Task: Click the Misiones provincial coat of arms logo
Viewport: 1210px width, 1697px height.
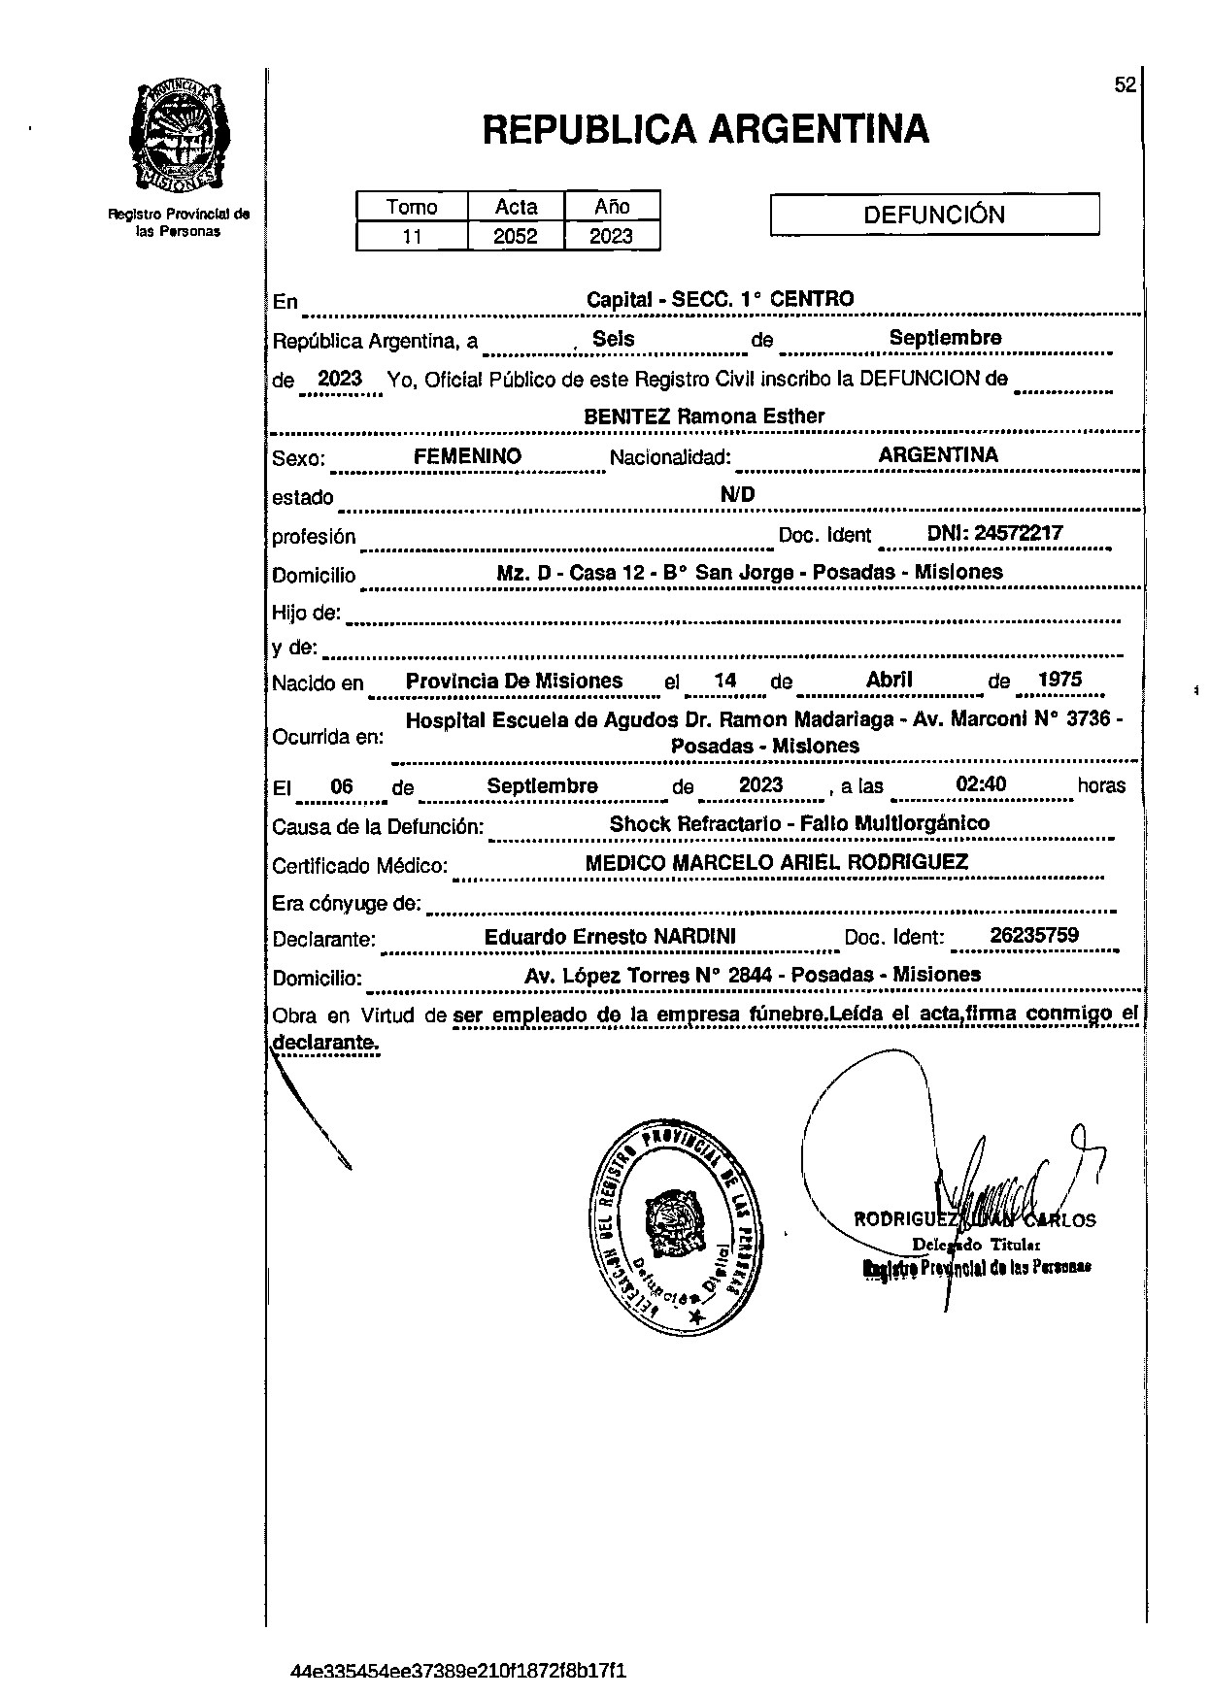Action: (179, 137)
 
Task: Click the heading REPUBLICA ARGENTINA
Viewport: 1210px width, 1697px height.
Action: (706, 129)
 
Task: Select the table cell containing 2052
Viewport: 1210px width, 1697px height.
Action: (516, 236)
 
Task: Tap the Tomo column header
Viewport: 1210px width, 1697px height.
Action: (412, 207)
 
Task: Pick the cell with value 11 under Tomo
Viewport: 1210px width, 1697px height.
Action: (412, 236)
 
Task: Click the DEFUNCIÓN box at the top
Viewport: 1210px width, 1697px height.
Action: (934, 215)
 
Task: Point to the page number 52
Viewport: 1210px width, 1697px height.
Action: (1125, 85)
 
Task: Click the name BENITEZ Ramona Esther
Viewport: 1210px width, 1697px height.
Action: (704, 416)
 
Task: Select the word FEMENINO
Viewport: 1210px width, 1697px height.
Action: (467, 455)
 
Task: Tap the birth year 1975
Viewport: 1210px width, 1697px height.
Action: (1059, 680)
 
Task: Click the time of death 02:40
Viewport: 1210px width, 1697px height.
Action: (982, 784)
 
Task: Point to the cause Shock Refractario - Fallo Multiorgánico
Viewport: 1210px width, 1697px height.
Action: (799, 823)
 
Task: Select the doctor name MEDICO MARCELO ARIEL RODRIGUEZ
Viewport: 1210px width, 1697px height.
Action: (777, 862)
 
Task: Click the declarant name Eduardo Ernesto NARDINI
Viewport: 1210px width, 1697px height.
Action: (610, 936)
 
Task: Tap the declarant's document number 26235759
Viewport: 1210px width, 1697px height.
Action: (1034, 935)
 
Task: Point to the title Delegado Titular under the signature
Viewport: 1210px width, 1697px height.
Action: (976, 1245)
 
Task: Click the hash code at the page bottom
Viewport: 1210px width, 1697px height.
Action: (458, 1671)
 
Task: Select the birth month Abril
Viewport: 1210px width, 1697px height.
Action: (889, 680)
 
